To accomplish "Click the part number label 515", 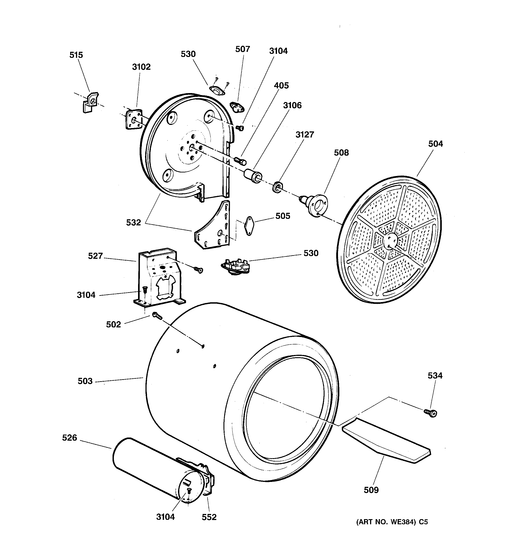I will tap(76, 55).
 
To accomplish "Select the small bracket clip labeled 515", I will tap(90, 102).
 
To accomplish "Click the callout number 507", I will tap(242, 49).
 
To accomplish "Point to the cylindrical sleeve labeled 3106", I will tap(253, 176).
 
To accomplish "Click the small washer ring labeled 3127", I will tap(277, 187).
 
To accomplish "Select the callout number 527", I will tap(95, 256).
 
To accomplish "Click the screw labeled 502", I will tap(157, 316).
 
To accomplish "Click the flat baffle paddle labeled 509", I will tap(387, 441).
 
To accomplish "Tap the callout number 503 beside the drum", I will tap(85, 381).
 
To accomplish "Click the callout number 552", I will tap(209, 517).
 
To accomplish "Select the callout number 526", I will tap(69, 437).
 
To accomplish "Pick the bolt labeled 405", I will tap(240, 161).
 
